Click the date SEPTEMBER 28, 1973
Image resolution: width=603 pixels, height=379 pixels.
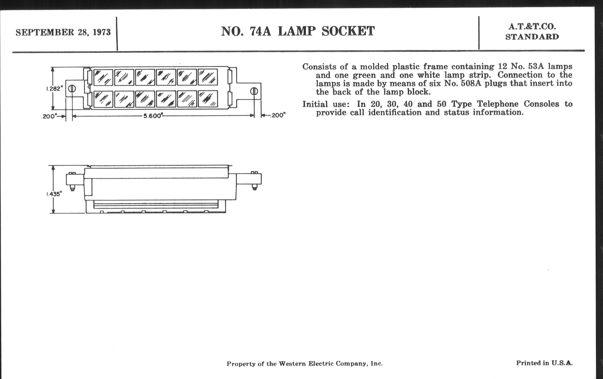click(63, 32)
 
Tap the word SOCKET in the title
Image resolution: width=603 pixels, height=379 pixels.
click(348, 31)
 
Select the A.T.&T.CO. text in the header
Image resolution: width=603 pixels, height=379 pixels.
click(532, 27)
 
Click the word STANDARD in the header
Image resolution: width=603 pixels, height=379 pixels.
click(532, 37)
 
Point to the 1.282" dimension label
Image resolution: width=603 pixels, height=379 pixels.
click(55, 89)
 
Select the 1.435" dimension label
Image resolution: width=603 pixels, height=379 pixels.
click(54, 194)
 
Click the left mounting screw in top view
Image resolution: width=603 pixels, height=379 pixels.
click(72, 89)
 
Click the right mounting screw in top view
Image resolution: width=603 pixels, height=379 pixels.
click(254, 91)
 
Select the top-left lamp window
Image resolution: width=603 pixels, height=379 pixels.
click(103, 77)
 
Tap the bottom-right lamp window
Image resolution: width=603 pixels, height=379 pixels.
click(208, 99)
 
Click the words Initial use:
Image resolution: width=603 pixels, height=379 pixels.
click(326, 104)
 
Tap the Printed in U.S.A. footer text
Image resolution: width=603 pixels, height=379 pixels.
click(544, 363)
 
